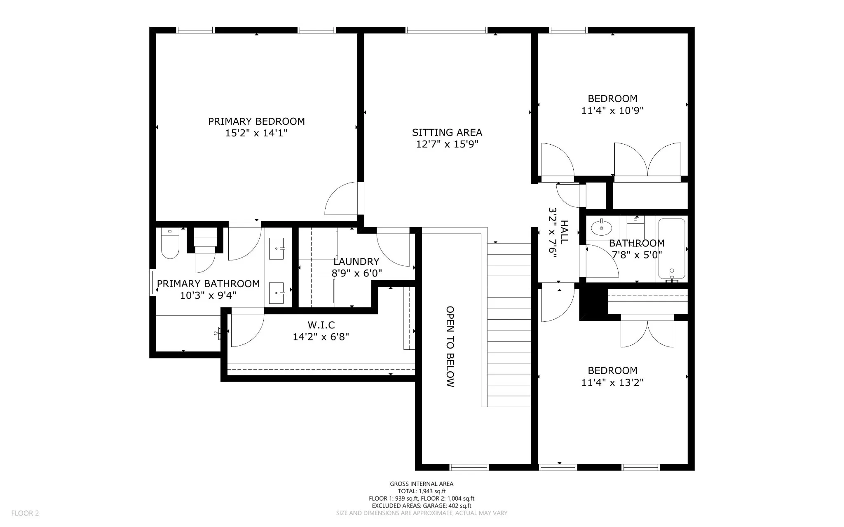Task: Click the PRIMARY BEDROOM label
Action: coord(256,121)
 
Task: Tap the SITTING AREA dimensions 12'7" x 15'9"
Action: coord(447,144)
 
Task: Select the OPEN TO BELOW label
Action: coord(450,347)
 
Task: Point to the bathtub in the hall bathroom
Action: coord(672,248)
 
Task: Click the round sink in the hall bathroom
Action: coord(602,227)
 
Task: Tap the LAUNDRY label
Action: coord(356,262)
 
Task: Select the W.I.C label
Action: coord(321,326)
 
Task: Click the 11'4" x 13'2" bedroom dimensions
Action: coord(612,383)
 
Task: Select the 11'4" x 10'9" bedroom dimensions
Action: coord(612,111)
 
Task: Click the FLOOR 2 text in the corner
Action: coord(25,513)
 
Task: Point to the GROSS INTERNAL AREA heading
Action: coord(422,484)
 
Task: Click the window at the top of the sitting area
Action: coord(446,30)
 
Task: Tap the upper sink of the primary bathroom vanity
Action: coord(277,248)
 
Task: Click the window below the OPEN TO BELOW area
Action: coord(469,467)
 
